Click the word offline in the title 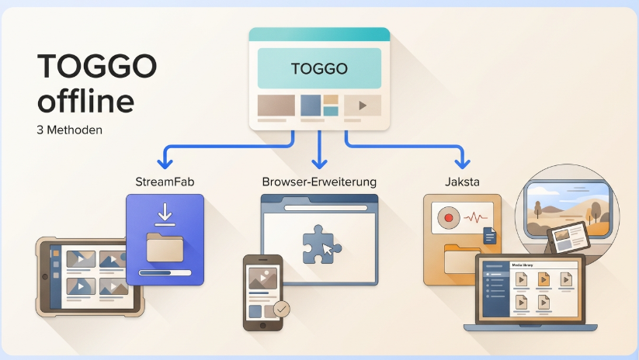point(85,100)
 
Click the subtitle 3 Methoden point(69,130)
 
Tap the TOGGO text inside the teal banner point(319,68)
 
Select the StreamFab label point(165,182)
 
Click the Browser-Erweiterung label point(319,182)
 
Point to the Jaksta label point(462,182)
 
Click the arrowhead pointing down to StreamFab point(165,164)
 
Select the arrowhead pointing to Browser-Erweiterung point(319,164)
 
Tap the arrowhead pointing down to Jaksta point(463,164)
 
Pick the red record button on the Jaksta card point(449,218)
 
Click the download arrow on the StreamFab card point(165,214)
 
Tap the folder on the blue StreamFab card point(165,247)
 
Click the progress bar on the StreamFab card point(165,273)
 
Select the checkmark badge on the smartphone point(281,309)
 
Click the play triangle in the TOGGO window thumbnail point(363,106)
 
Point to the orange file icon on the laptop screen point(543,279)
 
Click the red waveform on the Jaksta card point(475,218)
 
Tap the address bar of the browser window point(325,208)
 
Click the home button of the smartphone point(263,326)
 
